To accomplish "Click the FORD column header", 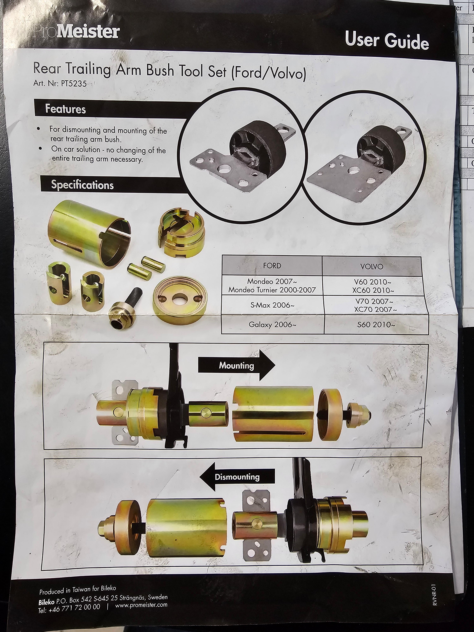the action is [x=272, y=266].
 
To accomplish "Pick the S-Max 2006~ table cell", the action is [x=272, y=305].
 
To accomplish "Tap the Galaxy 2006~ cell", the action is [x=270, y=325].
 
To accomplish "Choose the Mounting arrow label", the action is [x=237, y=366].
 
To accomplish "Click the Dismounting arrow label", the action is [x=237, y=477].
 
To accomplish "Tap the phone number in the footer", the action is [x=69, y=608].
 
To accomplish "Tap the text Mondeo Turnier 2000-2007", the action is [x=272, y=290].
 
